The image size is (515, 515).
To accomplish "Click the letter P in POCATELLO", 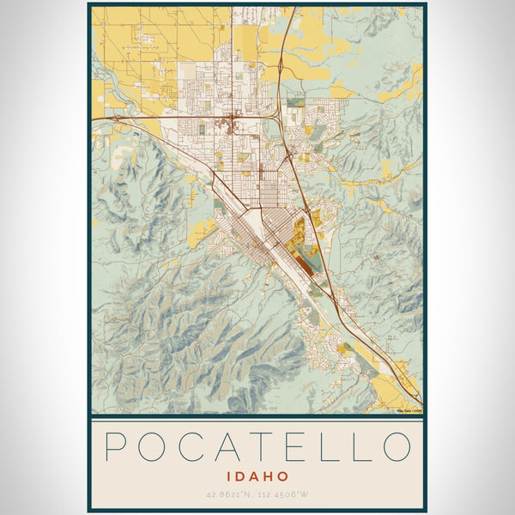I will pos(118,447).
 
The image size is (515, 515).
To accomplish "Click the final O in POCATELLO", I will pos(396,447).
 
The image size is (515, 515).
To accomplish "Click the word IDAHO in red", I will pos(257,476).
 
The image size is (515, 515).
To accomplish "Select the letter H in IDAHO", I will pos(271,476).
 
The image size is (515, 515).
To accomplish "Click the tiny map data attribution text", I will pos(408,410).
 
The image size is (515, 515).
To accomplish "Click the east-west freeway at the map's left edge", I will pos(94,117).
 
